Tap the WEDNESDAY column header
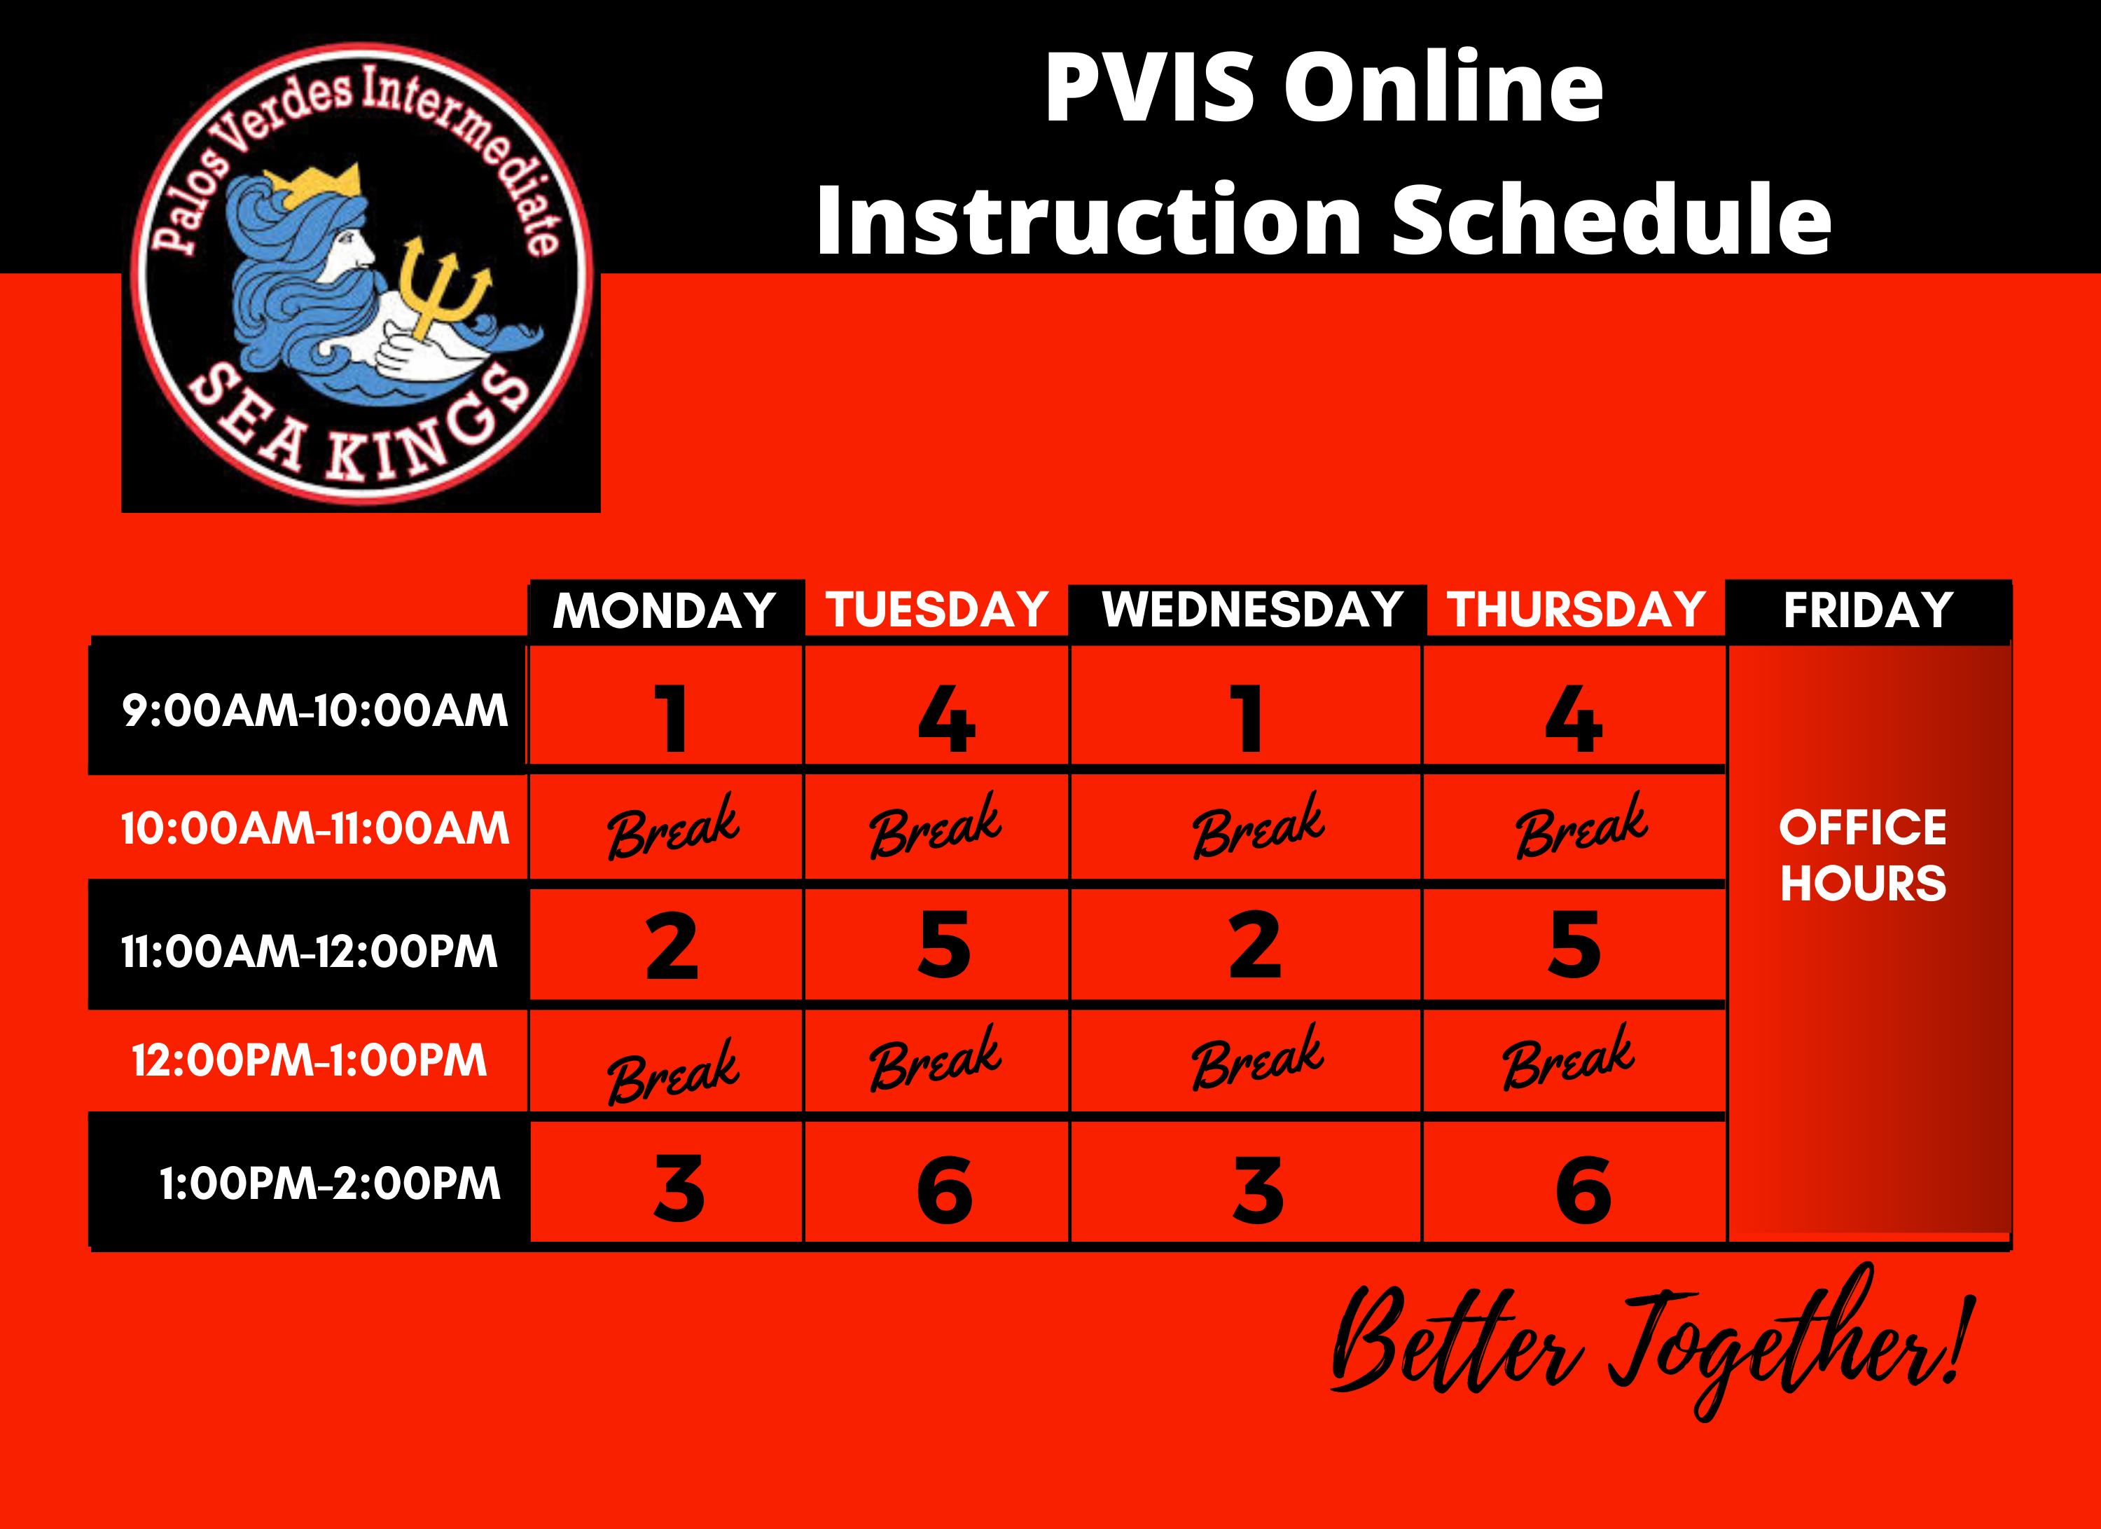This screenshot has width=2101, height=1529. tap(1251, 610)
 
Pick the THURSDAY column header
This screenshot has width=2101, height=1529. tap(1576, 610)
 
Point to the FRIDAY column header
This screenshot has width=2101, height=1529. tap(1868, 610)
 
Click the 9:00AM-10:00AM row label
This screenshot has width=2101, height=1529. tap(315, 711)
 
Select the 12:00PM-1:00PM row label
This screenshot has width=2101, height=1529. tap(310, 1060)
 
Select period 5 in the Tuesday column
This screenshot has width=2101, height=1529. tap(944, 945)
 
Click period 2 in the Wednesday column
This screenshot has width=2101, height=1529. tap(1254, 945)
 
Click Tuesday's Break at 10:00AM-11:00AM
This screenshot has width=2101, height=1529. tap(935, 827)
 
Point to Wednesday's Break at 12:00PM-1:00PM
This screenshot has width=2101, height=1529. tap(1257, 1058)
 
